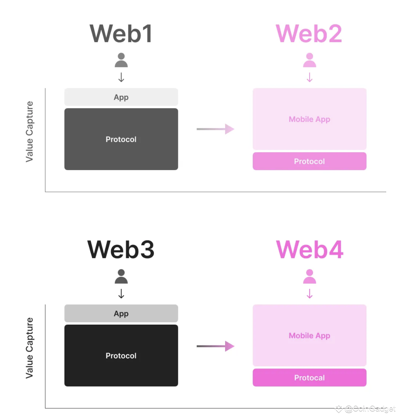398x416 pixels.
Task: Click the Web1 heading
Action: [121, 33]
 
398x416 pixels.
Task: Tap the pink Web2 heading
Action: [309, 33]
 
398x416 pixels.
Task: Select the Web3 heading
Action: [121, 250]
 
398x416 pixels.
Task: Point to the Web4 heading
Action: [309, 250]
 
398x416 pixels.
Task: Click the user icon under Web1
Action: [121, 60]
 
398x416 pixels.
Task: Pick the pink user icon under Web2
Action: [309, 60]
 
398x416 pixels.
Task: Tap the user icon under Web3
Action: [121, 276]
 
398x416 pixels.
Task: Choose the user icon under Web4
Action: [309, 276]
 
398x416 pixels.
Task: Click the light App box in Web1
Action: [121, 97]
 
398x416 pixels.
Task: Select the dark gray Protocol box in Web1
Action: [121, 139]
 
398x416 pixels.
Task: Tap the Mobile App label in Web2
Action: [309, 119]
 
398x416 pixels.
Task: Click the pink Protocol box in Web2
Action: [309, 161]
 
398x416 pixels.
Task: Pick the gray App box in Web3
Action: [121, 314]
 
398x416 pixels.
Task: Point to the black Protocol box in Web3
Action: [121, 355]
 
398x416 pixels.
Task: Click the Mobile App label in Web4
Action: [309, 336]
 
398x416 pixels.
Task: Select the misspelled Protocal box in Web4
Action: [309, 377]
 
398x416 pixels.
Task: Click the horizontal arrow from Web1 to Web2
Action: [215, 129]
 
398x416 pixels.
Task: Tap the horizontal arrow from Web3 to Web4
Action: [215, 346]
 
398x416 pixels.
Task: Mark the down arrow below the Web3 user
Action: [121, 294]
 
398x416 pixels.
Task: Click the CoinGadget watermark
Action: [370, 409]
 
